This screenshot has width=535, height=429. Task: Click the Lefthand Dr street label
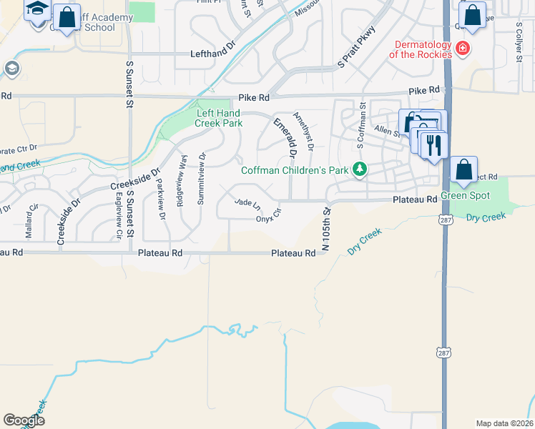point(212,54)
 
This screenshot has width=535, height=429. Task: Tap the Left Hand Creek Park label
point(219,118)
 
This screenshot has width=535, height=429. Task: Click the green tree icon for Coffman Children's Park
point(361,169)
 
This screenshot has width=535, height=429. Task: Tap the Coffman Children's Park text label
point(298,170)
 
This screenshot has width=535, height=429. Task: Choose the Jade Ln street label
point(247,204)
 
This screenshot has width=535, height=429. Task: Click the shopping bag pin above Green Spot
point(463,170)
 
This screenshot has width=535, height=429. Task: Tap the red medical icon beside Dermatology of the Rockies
point(463,49)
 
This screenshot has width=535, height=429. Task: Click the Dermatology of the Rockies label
point(421,49)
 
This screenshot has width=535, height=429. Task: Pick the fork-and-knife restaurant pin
point(433,146)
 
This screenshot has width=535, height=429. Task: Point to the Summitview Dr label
point(201,177)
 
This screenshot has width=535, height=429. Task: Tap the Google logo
point(24,420)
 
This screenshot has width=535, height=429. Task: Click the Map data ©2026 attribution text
point(504,423)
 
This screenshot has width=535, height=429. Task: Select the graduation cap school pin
point(37,10)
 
